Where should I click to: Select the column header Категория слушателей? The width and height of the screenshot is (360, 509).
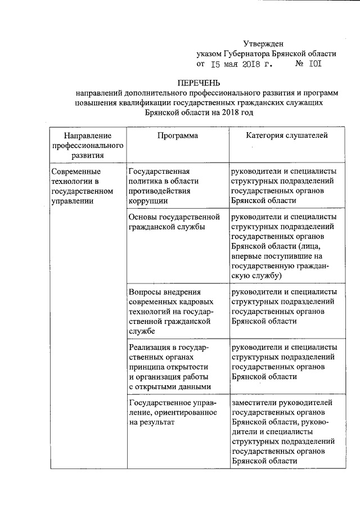pos(286,136)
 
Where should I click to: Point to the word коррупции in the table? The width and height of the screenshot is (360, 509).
pos(147,201)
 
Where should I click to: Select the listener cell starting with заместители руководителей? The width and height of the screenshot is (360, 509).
pos(284,431)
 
